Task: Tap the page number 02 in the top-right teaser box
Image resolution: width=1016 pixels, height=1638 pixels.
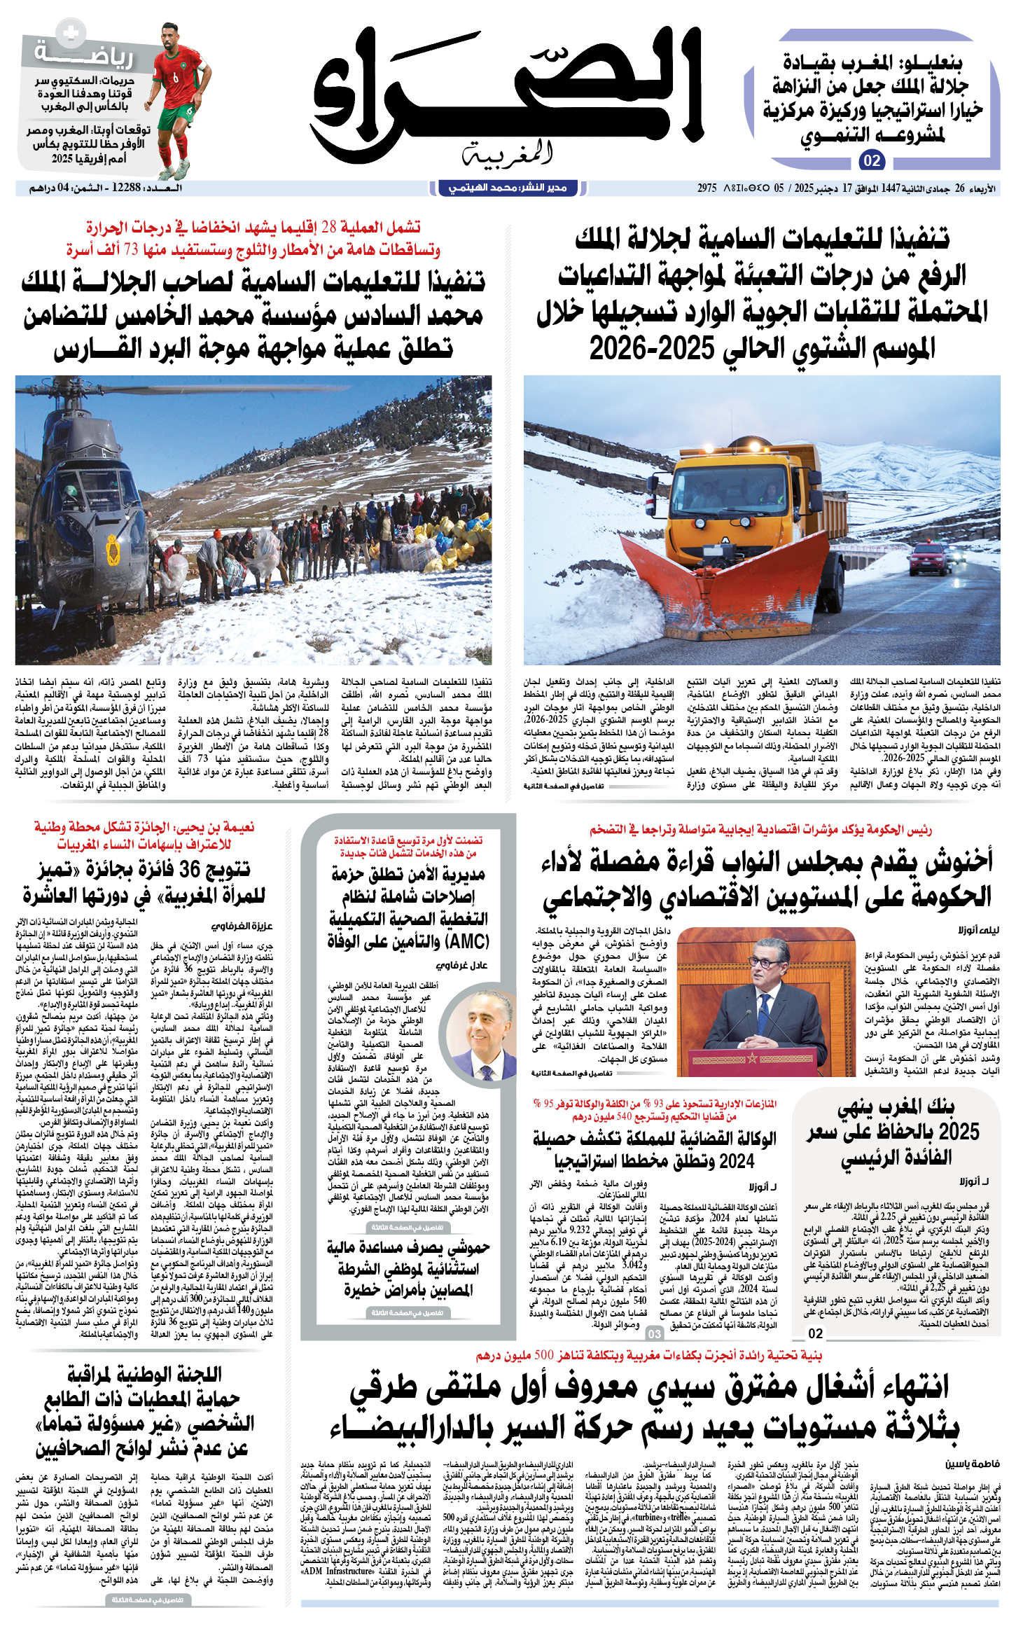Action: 871,160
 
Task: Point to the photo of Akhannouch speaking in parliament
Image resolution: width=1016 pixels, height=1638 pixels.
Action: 766,1001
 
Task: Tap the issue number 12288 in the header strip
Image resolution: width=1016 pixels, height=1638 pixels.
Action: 126,188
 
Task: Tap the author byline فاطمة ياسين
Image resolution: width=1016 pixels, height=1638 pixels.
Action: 973,1464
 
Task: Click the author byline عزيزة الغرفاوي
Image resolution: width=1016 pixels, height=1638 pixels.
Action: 242,926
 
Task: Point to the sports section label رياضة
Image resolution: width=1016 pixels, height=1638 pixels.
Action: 84,55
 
